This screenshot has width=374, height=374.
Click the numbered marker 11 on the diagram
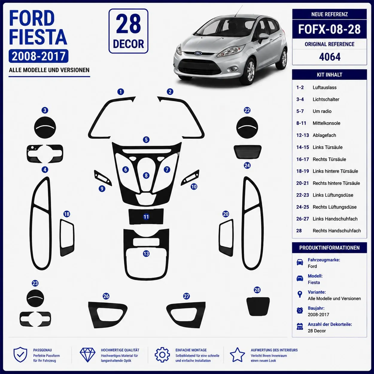click(x=146, y=217)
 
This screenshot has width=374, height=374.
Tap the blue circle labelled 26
click(x=106, y=296)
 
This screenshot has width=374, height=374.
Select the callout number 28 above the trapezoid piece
click(x=257, y=290)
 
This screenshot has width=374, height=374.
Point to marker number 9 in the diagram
click(x=102, y=188)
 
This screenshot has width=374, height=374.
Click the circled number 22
click(x=247, y=110)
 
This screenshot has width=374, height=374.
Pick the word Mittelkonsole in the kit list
click(x=326, y=123)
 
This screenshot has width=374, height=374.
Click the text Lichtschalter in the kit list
click(x=326, y=99)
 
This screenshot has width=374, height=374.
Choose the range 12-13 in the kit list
click(x=302, y=135)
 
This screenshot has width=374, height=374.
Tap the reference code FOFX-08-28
click(x=329, y=29)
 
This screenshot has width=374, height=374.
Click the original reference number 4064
click(x=330, y=57)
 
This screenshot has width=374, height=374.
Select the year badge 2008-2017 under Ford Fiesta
click(x=38, y=56)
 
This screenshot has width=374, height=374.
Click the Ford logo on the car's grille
click(x=198, y=53)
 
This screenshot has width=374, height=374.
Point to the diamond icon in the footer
click(x=88, y=355)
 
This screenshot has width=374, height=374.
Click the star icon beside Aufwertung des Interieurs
click(x=237, y=355)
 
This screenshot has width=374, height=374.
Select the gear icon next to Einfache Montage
click(x=162, y=355)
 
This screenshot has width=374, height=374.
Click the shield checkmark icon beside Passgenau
click(x=20, y=355)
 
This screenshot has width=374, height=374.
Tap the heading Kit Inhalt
click(x=329, y=75)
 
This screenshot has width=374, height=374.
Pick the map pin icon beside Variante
click(x=300, y=294)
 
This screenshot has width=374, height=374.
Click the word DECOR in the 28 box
click(x=128, y=44)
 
